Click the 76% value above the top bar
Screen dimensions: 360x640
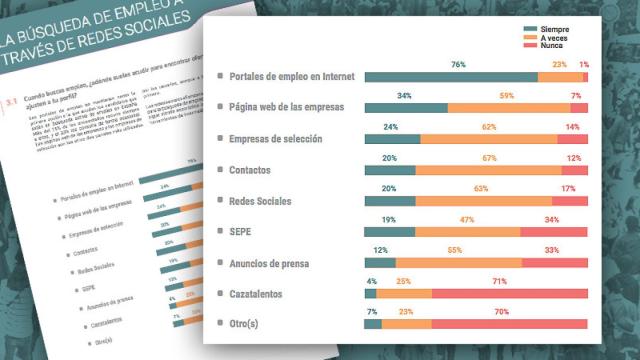point(459,65)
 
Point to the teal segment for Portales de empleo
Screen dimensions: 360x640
point(451,77)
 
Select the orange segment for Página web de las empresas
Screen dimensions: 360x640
point(508,108)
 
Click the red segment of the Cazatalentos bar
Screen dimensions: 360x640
point(510,293)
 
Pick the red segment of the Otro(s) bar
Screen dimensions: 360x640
point(510,323)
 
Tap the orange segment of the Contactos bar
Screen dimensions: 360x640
point(488,170)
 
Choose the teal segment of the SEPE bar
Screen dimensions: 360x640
point(390,231)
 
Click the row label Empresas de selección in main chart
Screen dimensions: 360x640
point(275,139)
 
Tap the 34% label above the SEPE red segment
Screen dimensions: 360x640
point(552,219)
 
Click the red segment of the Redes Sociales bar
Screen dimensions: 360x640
point(569,201)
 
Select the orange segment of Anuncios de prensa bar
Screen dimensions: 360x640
point(458,262)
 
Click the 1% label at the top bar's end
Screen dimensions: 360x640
point(583,65)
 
